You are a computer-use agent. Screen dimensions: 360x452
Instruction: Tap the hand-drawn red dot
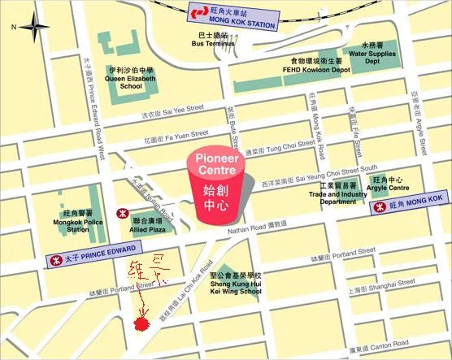(141, 324)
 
